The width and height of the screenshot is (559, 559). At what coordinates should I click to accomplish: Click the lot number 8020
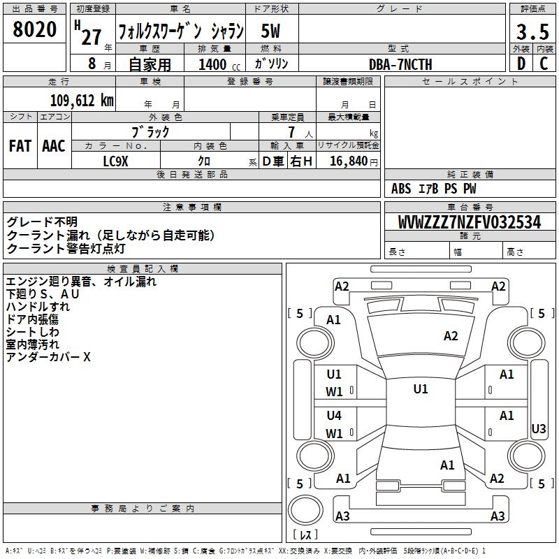point(34,29)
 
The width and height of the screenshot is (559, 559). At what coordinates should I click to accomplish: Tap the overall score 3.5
point(532,31)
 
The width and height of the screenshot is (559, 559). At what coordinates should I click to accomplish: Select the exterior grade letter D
point(521,64)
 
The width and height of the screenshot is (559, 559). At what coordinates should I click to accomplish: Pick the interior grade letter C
point(544,64)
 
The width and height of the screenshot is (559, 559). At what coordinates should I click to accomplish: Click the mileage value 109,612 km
point(82,101)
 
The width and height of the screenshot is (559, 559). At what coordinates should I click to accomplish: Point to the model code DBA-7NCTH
point(400,64)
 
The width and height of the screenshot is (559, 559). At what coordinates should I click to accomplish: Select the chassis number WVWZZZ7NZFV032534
point(470,222)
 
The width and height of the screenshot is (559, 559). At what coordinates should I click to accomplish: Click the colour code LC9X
point(115,161)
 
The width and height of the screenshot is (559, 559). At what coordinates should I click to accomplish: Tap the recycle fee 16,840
point(349,161)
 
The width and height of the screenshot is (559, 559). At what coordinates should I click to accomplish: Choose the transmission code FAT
point(20,146)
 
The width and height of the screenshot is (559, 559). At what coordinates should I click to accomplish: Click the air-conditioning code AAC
point(54,146)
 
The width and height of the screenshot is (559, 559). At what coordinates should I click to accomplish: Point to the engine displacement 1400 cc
point(219,64)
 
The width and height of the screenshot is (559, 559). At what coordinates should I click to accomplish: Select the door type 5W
point(270,31)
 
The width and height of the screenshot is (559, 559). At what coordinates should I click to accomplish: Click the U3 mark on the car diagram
point(538,428)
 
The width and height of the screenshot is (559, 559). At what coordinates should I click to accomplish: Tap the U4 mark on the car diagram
point(334,415)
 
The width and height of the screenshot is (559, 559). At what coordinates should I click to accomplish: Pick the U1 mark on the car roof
point(421,389)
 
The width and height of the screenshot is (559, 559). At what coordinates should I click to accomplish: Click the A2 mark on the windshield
point(451,336)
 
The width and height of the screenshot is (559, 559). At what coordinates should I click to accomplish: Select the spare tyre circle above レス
point(305,510)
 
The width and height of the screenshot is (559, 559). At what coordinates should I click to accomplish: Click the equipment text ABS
point(401,189)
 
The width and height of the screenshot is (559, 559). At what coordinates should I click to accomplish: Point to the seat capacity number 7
point(291,132)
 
